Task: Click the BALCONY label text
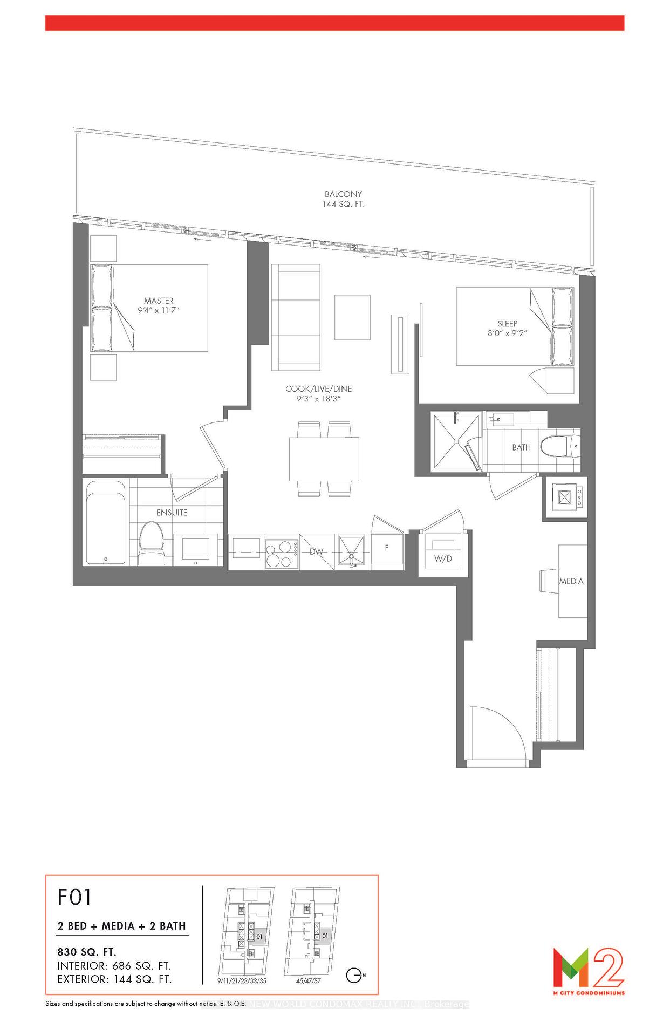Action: click(x=343, y=194)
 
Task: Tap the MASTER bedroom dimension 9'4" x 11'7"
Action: click(x=158, y=311)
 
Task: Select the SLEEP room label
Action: click(x=507, y=324)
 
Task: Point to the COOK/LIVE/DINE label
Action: click(x=318, y=389)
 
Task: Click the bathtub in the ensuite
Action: click(x=106, y=522)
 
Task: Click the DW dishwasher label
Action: click(x=317, y=551)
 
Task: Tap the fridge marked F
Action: click(x=387, y=548)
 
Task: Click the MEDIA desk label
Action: click(x=571, y=581)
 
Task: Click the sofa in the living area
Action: click(x=296, y=317)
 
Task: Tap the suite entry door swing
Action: click(x=494, y=734)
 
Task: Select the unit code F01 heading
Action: click(x=75, y=897)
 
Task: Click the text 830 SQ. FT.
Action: click(x=87, y=952)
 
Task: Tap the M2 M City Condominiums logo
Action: click(x=589, y=971)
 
